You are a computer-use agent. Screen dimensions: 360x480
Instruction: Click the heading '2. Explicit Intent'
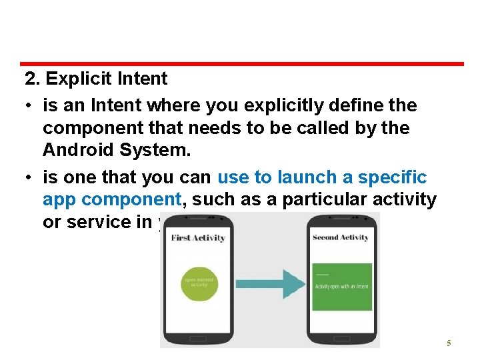[x=96, y=79]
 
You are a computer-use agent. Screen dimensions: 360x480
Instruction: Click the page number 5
[x=449, y=343]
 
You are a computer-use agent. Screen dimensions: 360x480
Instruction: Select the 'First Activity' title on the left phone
[x=198, y=238]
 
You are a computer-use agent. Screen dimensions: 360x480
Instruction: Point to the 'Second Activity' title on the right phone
[x=340, y=238]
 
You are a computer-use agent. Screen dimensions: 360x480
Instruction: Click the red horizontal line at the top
[x=240, y=64]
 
